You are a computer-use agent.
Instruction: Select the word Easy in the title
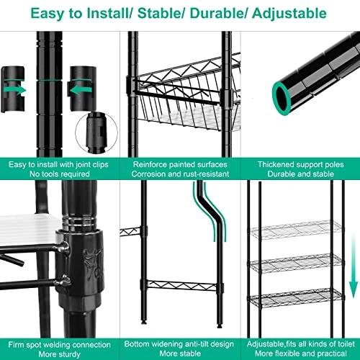point(51,13)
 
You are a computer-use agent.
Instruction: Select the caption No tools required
point(59,174)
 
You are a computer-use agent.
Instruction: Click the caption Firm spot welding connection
point(59,343)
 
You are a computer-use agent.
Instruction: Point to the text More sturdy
point(59,353)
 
